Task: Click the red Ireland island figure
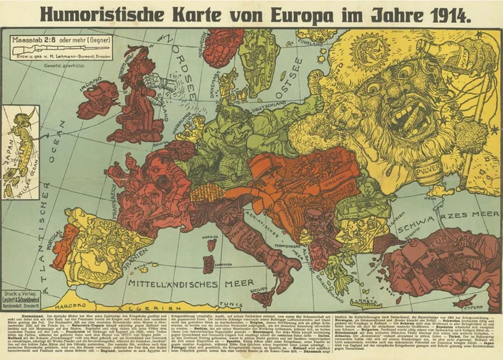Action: [x=98, y=99]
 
